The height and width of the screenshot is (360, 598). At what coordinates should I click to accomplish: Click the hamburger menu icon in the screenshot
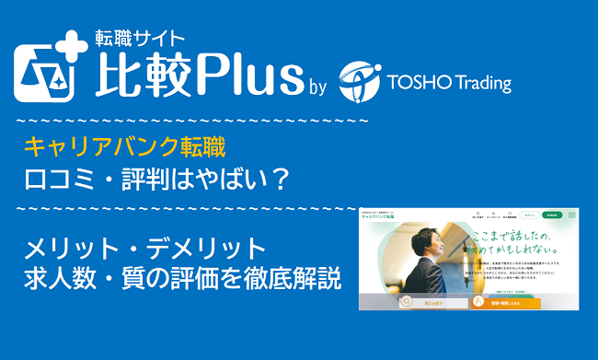tap(571, 215)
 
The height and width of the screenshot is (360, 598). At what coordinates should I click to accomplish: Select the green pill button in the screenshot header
tap(550, 215)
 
